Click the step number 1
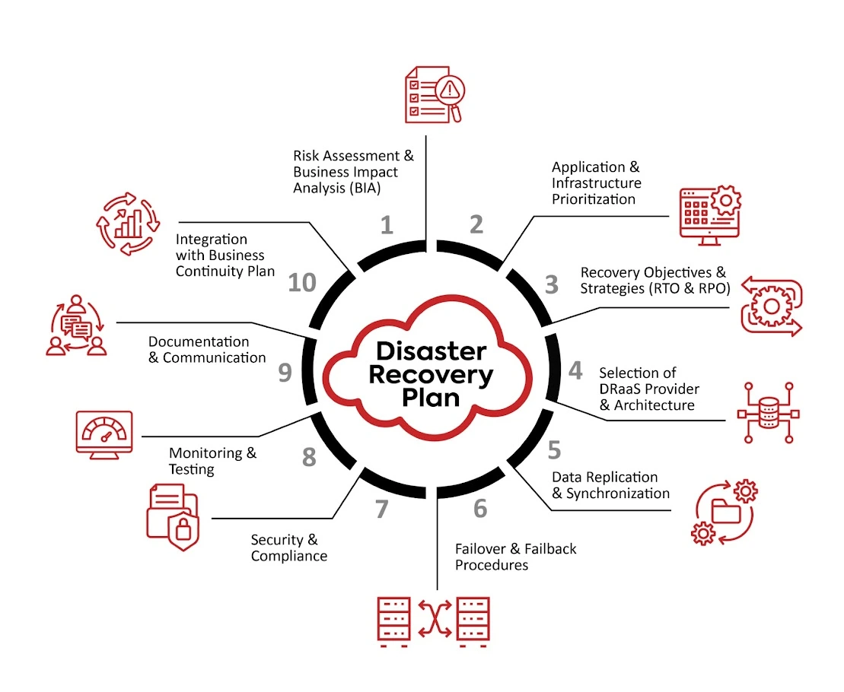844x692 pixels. pyautogui.click(x=387, y=225)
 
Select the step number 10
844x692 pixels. pyautogui.click(x=302, y=283)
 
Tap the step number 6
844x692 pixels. pyautogui.click(x=479, y=508)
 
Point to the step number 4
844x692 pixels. pyautogui.click(x=575, y=371)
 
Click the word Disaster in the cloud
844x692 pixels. pyautogui.click(x=431, y=351)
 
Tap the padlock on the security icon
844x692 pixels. pyautogui.click(x=183, y=528)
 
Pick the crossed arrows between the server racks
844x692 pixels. pyautogui.click(x=433, y=620)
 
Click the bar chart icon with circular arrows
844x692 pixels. pyautogui.click(x=128, y=224)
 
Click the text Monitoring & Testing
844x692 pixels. pyautogui.click(x=212, y=461)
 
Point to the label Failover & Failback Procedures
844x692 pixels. pyautogui.click(x=515, y=557)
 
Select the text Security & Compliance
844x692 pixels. pyautogui.click(x=288, y=548)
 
